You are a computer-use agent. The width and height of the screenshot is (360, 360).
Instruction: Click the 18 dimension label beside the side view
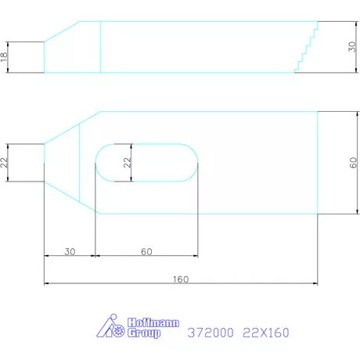(x=5, y=56)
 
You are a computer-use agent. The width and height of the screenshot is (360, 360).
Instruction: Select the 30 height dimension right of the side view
(x=352, y=47)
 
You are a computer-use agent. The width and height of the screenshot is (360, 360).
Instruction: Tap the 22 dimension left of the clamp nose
(x=5, y=162)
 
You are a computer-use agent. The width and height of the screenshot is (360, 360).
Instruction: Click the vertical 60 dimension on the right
(x=353, y=162)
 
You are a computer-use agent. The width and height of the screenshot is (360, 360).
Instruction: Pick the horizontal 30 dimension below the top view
(x=70, y=251)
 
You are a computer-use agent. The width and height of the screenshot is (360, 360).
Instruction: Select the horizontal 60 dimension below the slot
(x=146, y=251)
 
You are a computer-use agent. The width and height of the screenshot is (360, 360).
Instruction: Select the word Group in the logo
(x=144, y=334)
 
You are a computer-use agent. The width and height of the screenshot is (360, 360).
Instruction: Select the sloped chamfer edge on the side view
(x=63, y=31)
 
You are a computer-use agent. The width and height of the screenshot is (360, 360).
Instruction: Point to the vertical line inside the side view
(x=101, y=47)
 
